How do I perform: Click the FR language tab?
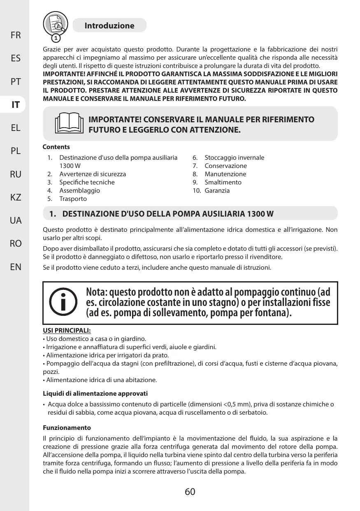(16, 35)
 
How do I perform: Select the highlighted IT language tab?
(16, 105)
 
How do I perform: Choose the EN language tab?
(16, 267)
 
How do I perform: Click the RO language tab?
(16, 244)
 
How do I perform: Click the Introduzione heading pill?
(109, 26)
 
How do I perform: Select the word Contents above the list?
(56, 147)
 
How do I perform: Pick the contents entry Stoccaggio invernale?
(234, 158)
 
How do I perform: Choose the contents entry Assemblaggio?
(79, 191)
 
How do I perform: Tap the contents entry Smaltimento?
(223, 182)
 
